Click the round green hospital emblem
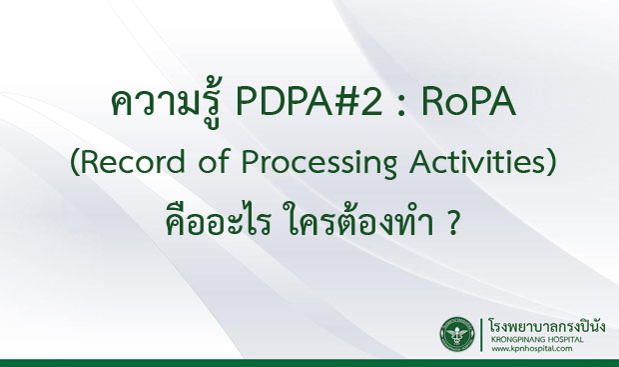(x=461, y=336)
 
